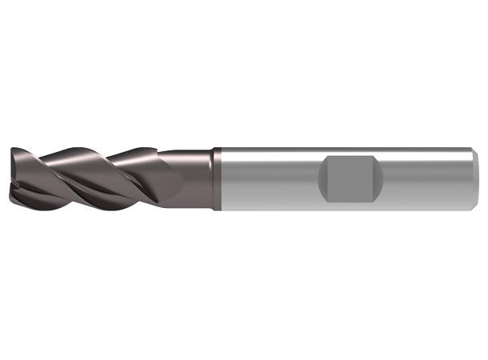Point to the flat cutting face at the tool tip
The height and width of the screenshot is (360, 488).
point(15,172)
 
